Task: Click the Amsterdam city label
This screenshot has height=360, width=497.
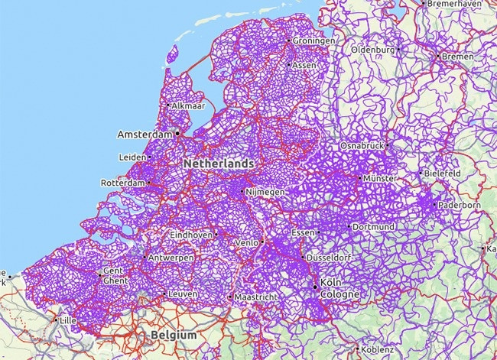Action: coord(145,135)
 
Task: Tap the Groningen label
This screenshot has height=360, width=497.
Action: coord(313,41)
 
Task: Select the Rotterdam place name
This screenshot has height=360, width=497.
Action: coord(122,183)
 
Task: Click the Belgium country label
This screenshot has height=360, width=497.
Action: coord(174,336)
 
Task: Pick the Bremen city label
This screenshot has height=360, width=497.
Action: coord(458,57)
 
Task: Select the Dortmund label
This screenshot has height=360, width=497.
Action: coord(373,227)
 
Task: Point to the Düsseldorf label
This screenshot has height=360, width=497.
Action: coord(330,258)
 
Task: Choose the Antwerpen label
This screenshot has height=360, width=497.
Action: coord(171,257)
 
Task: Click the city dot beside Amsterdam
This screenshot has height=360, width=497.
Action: coord(177,133)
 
